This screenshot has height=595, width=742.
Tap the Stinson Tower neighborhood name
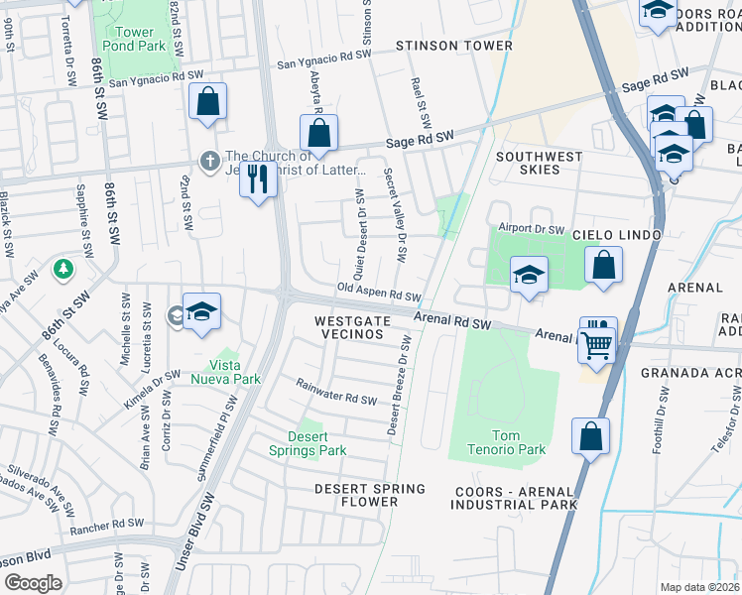454,46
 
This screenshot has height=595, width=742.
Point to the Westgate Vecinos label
349,328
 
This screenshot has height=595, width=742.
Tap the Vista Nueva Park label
225,372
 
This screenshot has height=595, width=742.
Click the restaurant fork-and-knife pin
258,179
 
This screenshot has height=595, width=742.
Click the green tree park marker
63,269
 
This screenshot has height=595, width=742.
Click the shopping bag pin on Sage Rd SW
319,133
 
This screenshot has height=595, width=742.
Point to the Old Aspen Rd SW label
379,295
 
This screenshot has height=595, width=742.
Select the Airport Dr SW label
530,227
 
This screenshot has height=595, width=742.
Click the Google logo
33,582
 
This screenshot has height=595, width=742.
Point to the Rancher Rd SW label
104,527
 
